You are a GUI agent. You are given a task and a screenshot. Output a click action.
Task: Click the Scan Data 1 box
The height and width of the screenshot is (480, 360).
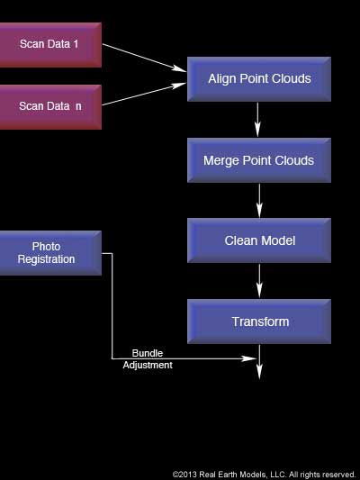[x=49, y=43]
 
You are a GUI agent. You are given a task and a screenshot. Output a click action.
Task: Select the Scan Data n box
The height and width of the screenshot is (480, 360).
[x=49, y=106]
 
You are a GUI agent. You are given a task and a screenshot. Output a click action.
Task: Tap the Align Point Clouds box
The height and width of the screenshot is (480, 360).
[x=259, y=78]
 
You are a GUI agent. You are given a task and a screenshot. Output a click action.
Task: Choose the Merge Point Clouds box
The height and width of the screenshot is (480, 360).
[x=259, y=160]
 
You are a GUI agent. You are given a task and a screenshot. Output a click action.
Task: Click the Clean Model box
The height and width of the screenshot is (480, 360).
[x=259, y=240]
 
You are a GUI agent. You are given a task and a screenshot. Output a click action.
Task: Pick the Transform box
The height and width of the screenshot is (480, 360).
[x=259, y=322]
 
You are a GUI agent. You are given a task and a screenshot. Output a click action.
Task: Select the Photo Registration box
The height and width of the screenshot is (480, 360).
[x=49, y=253]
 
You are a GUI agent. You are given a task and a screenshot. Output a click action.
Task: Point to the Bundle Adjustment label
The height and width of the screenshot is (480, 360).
[x=148, y=359]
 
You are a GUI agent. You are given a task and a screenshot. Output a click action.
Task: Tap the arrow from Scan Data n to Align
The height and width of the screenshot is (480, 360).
[x=144, y=95]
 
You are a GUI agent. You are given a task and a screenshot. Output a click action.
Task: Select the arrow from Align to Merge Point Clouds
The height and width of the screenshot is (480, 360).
[x=258, y=119]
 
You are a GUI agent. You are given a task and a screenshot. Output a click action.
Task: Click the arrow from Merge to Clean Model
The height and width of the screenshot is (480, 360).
[x=259, y=200]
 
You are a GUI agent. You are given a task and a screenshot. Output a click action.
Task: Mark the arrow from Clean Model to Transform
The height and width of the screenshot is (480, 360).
[x=259, y=281]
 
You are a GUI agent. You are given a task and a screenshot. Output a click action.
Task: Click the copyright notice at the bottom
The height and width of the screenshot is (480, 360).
[x=264, y=474]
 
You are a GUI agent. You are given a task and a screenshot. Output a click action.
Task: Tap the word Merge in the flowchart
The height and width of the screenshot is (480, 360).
[x=221, y=160]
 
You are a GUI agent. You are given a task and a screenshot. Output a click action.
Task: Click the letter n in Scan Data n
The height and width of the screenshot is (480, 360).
[x=78, y=106]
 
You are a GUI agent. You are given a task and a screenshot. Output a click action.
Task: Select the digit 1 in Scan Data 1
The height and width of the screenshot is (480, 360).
[x=76, y=43]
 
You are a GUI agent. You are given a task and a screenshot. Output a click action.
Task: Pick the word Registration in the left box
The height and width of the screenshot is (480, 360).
[x=46, y=259]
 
